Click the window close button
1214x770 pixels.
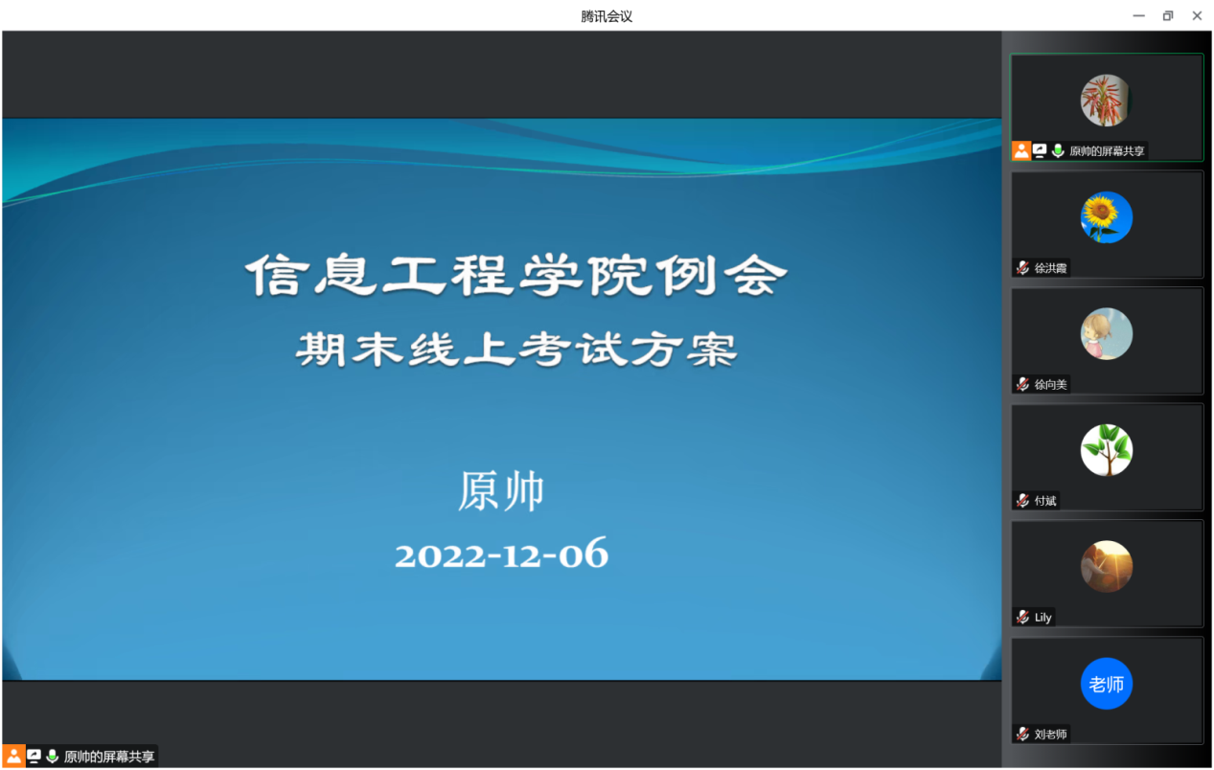pos(1197,16)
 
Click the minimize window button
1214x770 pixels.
pos(1138,16)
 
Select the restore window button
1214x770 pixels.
pos(1168,16)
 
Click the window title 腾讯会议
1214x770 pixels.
pos(607,17)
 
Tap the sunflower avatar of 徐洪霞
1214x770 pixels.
pos(1106,217)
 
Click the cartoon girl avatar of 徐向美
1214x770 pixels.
pos(1106,334)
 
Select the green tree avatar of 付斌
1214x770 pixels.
pos(1106,450)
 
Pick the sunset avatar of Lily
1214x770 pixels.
pos(1106,567)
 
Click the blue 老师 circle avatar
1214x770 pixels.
pos(1106,684)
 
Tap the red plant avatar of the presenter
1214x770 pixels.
pos(1105,101)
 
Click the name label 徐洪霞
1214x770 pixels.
pos(1050,268)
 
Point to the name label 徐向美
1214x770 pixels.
pos(1050,385)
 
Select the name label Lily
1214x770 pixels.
pos(1042,618)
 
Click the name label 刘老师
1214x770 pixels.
pos(1050,735)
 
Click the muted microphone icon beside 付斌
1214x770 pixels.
pos(1022,501)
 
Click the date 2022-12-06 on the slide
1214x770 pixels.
pos(501,555)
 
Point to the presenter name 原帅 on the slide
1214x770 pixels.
pos(501,491)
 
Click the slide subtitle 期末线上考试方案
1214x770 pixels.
pos(515,350)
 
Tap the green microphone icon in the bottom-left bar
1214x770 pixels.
pos(52,757)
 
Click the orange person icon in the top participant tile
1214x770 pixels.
pos(1021,150)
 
